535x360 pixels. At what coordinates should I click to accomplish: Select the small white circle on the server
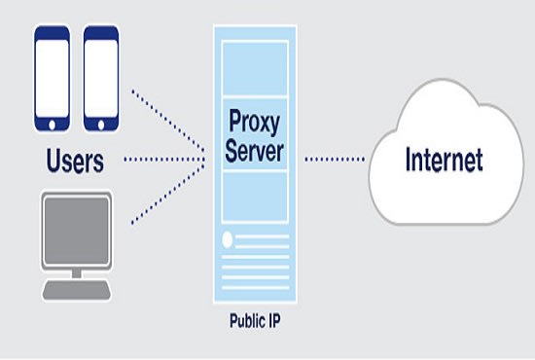pyautogui.click(x=227, y=238)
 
